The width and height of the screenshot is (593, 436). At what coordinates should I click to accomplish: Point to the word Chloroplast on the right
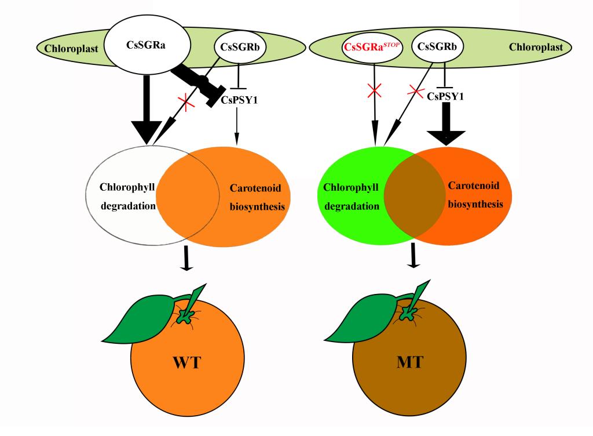[536, 47]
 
